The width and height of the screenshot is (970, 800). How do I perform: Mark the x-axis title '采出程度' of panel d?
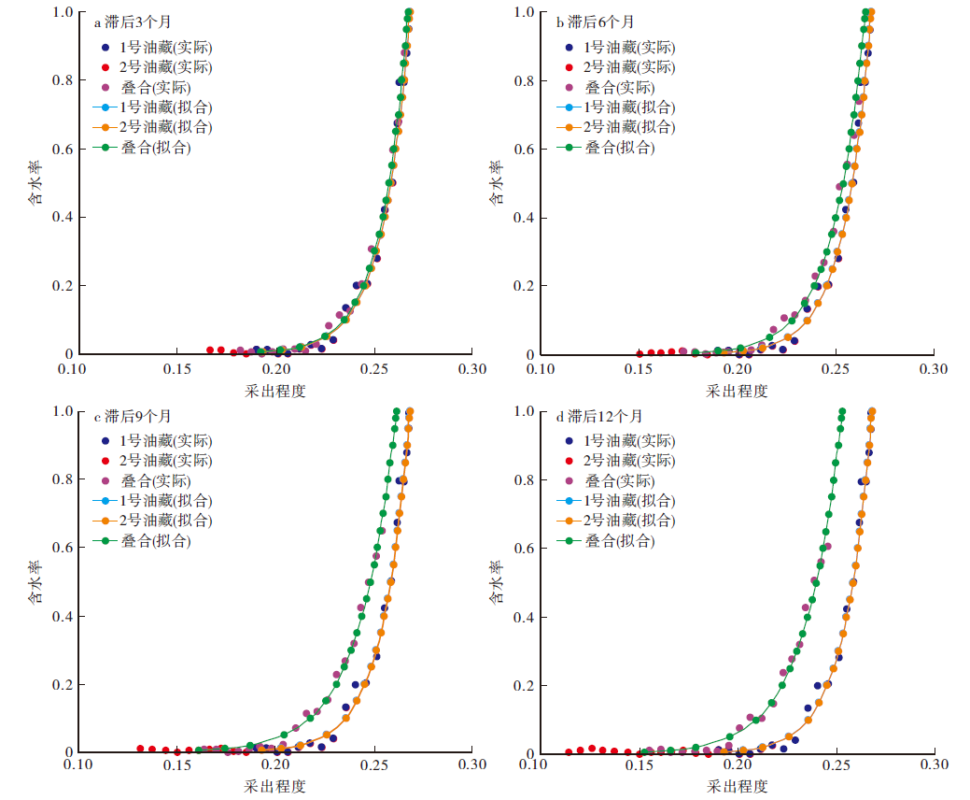click(737, 786)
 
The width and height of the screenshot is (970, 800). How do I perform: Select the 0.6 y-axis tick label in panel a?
click(61, 149)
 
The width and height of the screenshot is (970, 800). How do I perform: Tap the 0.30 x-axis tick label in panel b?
click(934, 369)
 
